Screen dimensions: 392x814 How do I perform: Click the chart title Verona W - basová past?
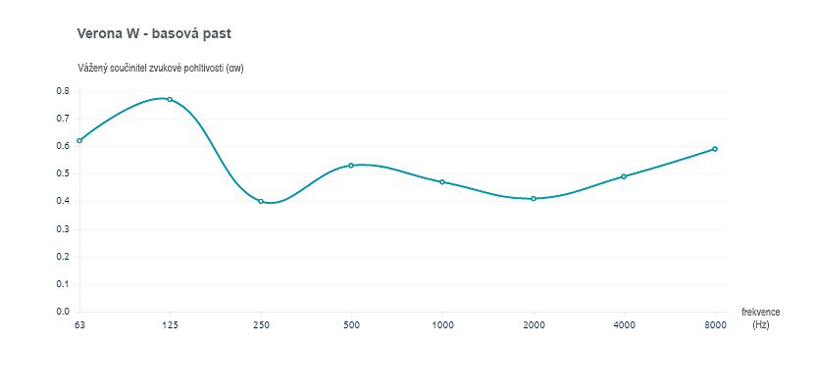154,33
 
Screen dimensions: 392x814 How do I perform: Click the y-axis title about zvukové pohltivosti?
161,68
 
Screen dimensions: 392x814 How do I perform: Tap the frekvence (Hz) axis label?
760,318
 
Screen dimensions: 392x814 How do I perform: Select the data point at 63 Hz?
79,140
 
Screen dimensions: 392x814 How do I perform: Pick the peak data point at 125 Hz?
170,99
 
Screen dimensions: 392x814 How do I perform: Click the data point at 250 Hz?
261,201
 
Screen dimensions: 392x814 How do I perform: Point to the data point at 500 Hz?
351,165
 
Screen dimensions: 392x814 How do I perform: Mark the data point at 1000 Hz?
442,181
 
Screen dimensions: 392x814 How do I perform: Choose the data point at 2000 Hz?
534,198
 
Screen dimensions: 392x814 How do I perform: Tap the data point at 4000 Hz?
624,176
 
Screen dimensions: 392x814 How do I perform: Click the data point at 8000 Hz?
715,149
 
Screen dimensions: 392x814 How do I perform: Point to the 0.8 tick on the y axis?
62,91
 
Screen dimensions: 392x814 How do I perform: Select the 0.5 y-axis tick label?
62,173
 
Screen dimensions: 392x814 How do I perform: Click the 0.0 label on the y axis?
62,312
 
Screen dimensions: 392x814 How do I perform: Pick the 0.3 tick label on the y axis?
62,229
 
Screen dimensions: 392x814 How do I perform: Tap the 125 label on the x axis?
170,324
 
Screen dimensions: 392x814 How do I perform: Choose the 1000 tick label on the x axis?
442,324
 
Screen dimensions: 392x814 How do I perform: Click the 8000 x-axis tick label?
715,324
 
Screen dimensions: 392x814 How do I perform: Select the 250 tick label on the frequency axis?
261,324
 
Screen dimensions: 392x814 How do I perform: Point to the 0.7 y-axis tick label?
62,119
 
